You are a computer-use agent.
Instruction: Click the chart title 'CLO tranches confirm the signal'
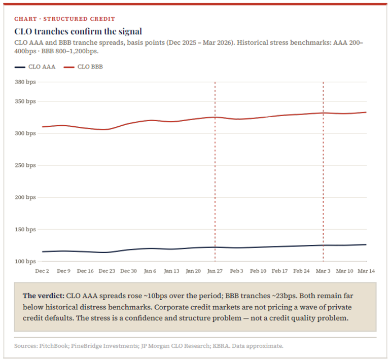78,31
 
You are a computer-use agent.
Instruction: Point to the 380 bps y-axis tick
25,82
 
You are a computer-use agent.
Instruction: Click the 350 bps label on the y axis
25,101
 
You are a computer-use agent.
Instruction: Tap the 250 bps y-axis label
25,165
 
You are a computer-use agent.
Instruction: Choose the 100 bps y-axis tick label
25,261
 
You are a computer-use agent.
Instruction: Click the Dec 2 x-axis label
42,271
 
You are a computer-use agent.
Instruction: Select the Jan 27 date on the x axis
215,271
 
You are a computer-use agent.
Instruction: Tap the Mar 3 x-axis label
323,271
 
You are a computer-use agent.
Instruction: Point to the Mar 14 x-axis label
366,271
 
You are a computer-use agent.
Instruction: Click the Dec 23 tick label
107,271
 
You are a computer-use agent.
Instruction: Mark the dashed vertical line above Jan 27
215,152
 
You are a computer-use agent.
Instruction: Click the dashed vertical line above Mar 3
323,152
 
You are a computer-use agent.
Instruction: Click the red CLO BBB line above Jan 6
150,120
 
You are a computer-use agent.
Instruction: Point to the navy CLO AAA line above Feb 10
258,247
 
